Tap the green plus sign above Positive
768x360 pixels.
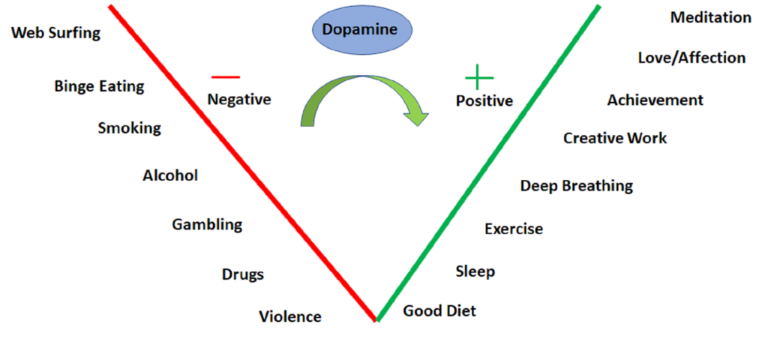click(479, 76)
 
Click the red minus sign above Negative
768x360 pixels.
click(226, 76)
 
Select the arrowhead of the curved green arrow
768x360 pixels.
click(415, 116)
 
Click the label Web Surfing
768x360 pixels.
click(56, 33)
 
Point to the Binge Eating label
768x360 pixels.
click(99, 86)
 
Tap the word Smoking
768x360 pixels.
click(129, 127)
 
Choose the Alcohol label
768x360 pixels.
click(170, 175)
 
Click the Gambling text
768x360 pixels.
click(207, 224)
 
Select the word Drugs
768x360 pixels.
click(243, 274)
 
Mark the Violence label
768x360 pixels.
click(290, 316)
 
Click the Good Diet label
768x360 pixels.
click(439, 310)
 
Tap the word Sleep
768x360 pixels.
click(475, 271)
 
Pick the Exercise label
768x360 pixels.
click(514, 229)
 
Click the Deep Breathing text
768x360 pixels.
click(577, 186)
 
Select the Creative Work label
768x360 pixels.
click(615, 138)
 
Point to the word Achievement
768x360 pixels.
click(655, 100)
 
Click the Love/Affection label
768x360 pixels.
click(691, 58)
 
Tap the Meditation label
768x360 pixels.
click(710, 17)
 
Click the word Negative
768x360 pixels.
click(239, 99)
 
